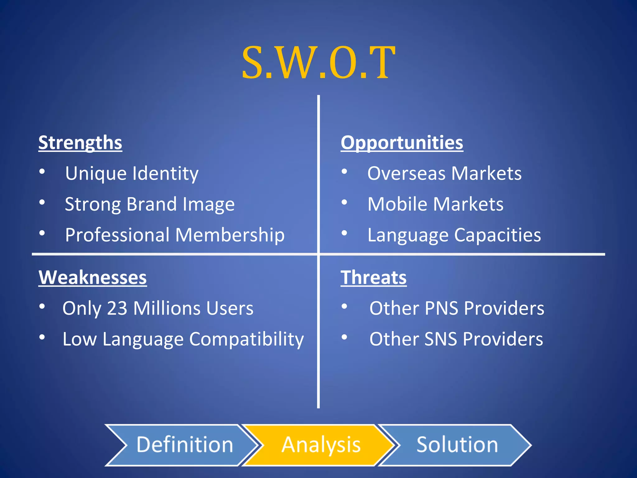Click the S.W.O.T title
coord(318,62)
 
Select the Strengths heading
coord(80,143)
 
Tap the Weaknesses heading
coord(93,277)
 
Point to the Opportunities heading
coord(402,143)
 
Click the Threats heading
coord(374,277)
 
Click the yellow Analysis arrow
coord(320,445)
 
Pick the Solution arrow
coord(457,445)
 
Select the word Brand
coord(152,204)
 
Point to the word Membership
coord(230,235)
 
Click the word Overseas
coord(406,173)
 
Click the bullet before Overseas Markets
coord(344,172)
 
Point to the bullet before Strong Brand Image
coord(42,203)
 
